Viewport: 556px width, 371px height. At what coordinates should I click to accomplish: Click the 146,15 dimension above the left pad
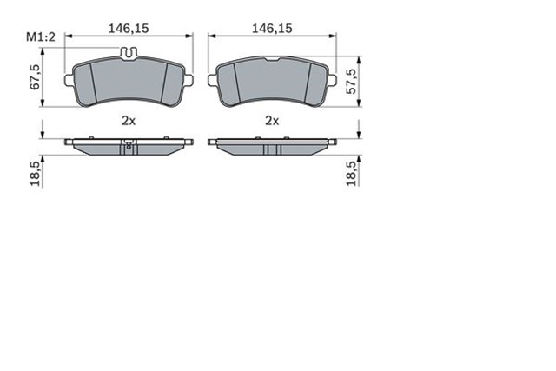click(x=128, y=29)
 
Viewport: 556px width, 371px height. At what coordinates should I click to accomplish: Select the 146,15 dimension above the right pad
click(x=272, y=29)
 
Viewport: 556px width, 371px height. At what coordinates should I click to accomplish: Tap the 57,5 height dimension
click(x=351, y=79)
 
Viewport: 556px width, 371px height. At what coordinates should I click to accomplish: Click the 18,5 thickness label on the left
click(x=36, y=171)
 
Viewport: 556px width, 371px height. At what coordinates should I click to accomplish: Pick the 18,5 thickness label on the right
click(x=351, y=171)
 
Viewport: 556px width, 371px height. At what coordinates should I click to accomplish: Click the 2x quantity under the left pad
click(x=128, y=121)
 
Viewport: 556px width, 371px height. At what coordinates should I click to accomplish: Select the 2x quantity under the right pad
click(x=272, y=121)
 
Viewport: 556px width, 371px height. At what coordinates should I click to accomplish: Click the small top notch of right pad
click(x=272, y=61)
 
